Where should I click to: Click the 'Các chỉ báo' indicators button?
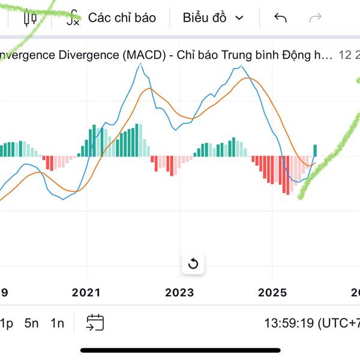112,17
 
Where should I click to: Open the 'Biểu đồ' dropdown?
213,17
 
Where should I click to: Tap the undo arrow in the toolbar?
280,17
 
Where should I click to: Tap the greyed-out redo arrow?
314,17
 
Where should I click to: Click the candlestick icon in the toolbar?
30,17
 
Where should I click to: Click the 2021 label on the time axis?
86,292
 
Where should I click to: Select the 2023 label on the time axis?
179,292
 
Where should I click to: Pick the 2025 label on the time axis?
272,292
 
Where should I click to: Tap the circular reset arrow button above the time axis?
193,263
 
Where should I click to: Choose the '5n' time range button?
32,323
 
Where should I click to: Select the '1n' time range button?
57,323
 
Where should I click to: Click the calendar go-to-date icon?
95,323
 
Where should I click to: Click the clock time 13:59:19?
288,323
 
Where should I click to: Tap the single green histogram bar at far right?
315,151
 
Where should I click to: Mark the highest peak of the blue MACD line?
141,63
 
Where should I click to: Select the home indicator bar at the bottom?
180,350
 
